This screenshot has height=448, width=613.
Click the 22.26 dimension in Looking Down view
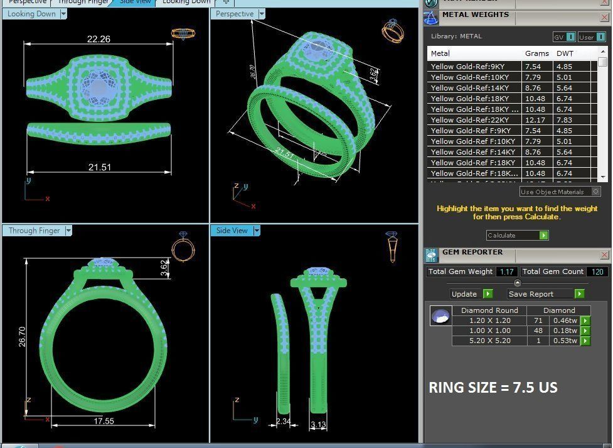click(99, 39)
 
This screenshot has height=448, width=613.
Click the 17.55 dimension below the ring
click(104, 421)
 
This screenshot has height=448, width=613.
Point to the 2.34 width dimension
click(284, 422)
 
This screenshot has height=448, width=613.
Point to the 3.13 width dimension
click(318, 425)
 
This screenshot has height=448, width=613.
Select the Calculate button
click(517, 235)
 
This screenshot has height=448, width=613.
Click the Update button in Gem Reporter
click(471, 293)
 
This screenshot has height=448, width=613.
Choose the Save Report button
click(545, 293)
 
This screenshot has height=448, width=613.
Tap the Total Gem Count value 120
click(597, 271)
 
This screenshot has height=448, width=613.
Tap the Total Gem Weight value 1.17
click(507, 271)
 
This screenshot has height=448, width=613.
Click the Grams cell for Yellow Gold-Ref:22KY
click(533, 120)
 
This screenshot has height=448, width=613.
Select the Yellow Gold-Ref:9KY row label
click(467, 67)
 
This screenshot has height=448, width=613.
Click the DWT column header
click(564, 53)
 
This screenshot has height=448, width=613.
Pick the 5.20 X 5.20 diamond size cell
click(489, 341)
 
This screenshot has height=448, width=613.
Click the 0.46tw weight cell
click(564, 320)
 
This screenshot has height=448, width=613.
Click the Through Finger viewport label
click(35, 231)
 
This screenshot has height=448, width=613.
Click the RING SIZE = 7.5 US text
click(493, 388)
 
